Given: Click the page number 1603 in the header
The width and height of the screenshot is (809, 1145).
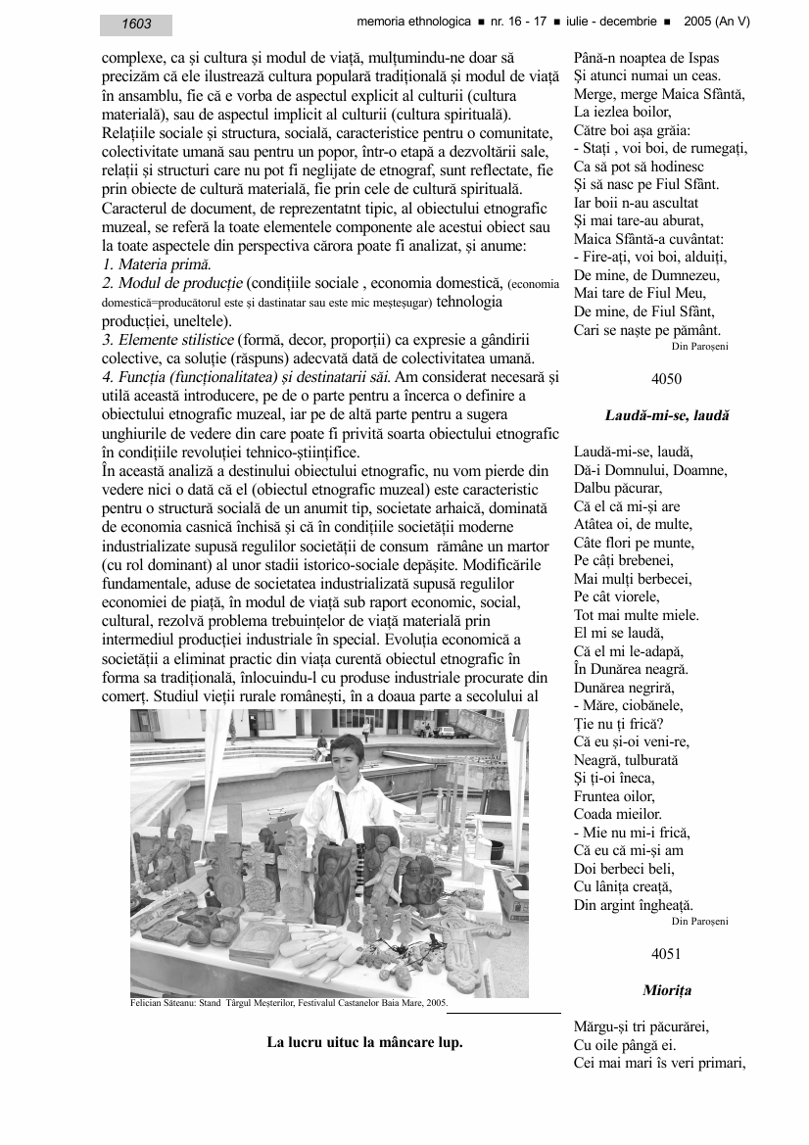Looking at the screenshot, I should coord(136,24).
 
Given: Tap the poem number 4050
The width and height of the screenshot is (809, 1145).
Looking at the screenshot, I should coord(666,377).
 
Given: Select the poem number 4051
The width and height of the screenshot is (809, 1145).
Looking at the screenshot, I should coord(666,953).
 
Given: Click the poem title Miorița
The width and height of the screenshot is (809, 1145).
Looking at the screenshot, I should coord(666,990).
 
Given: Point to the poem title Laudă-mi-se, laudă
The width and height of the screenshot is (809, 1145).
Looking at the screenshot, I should coord(666,415).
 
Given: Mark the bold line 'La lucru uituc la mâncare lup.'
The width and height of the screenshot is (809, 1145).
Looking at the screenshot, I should coord(364,1042).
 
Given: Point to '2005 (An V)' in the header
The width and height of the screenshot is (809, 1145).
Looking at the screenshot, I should coord(717,21).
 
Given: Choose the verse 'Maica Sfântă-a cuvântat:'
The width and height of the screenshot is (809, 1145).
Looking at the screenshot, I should coord(636,239).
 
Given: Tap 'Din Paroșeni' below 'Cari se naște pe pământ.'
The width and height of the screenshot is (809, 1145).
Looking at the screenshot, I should coord(699,346).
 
